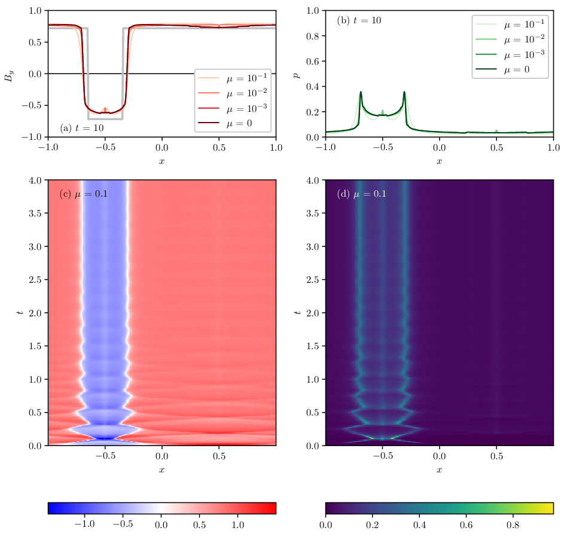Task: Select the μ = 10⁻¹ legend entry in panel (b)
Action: pyautogui.click(x=510, y=25)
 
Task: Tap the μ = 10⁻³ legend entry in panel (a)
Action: pyautogui.click(x=233, y=108)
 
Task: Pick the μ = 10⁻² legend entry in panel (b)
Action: pyautogui.click(x=510, y=39)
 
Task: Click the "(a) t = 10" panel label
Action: pyautogui.click(x=82, y=128)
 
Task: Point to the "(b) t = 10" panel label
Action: pyautogui.click(x=359, y=20)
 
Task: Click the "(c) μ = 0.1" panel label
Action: pyautogui.click(x=84, y=194)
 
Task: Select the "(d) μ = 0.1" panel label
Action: pyautogui.click(x=361, y=194)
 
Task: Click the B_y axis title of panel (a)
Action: pyautogui.click(x=9, y=76)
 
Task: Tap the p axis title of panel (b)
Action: pyautogui.click(x=296, y=75)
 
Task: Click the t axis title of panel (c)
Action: pyautogui.click(x=20, y=312)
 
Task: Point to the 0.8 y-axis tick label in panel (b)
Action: pyautogui.click(x=312, y=36)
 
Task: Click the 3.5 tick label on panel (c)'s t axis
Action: pyautogui.click(x=35, y=213)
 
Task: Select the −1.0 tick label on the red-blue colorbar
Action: pyautogui.click(x=84, y=524)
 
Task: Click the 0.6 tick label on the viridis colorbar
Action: pyautogui.click(x=466, y=524)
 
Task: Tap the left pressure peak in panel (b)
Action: pyautogui.click(x=361, y=92)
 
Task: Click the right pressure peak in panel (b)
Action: pyautogui.click(x=404, y=92)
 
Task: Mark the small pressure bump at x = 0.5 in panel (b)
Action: pyautogui.click(x=496, y=131)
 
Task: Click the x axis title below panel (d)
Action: pyautogui.click(x=440, y=469)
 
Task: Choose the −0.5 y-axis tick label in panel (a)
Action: pyautogui.click(x=32, y=105)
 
